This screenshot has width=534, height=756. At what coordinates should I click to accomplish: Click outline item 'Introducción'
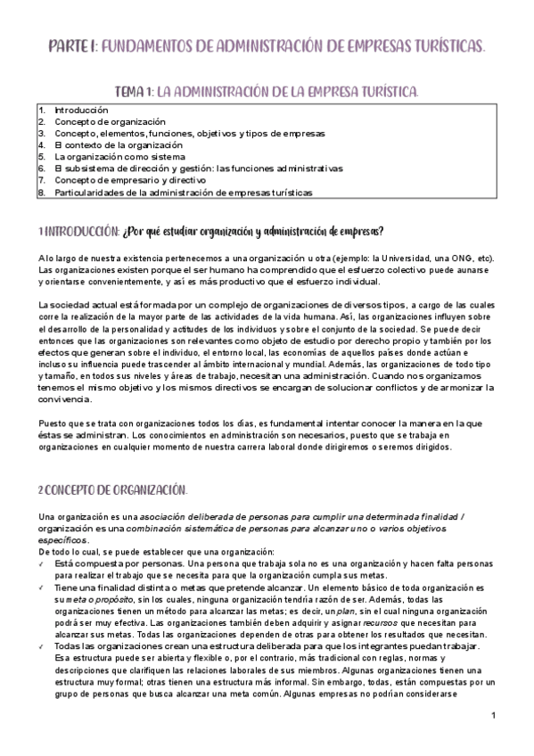tap(81, 109)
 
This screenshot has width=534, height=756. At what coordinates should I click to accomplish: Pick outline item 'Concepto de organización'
tap(110, 120)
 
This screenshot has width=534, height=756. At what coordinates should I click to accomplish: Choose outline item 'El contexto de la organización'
tap(119, 144)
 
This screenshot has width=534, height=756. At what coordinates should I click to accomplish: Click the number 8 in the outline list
tap(41, 192)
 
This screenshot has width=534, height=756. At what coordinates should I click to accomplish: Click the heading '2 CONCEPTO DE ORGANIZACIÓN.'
tap(112, 491)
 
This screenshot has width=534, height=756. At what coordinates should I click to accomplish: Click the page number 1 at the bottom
tap(493, 716)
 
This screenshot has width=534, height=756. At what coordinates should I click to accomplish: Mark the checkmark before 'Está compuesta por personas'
tap(42, 563)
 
